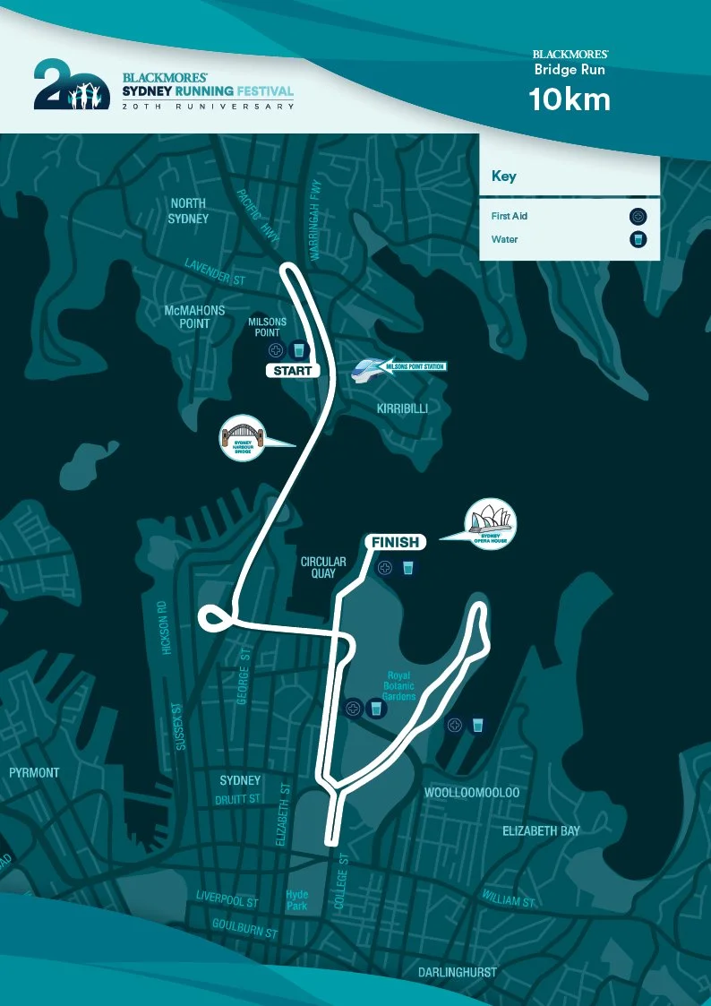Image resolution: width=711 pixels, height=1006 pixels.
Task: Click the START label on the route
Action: [x=293, y=371]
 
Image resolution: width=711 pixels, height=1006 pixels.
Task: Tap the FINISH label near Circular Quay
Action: [x=394, y=542]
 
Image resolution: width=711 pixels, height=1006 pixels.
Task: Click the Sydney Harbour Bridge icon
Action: [x=244, y=439]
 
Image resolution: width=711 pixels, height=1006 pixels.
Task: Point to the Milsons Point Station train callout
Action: [x=399, y=366]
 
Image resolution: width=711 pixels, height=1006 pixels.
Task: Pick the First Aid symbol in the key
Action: [x=638, y=216]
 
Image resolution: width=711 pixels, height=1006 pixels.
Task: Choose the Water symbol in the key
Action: [x=638, y=239]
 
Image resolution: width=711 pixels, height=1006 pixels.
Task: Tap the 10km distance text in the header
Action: [x=570, y=99]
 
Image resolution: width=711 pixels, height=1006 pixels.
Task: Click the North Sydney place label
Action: [x=189, y=211]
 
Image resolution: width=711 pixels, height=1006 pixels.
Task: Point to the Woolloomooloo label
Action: [x=471, y=793]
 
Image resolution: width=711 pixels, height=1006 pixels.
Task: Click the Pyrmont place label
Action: [x=34, y=772]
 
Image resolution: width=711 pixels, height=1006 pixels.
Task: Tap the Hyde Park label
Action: [x=296, y=899]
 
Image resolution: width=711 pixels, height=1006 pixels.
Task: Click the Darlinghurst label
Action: [x=458, y=972]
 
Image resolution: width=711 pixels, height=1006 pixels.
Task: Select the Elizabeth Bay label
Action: [x=541, y=831]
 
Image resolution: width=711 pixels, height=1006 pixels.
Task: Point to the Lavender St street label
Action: [x=215, y=272]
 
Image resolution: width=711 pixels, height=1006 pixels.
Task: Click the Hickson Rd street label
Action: [x=163, y=628]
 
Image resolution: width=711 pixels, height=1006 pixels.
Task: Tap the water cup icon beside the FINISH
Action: [x=407, y=567]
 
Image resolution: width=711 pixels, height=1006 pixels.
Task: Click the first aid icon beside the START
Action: [x=276, y=349]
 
